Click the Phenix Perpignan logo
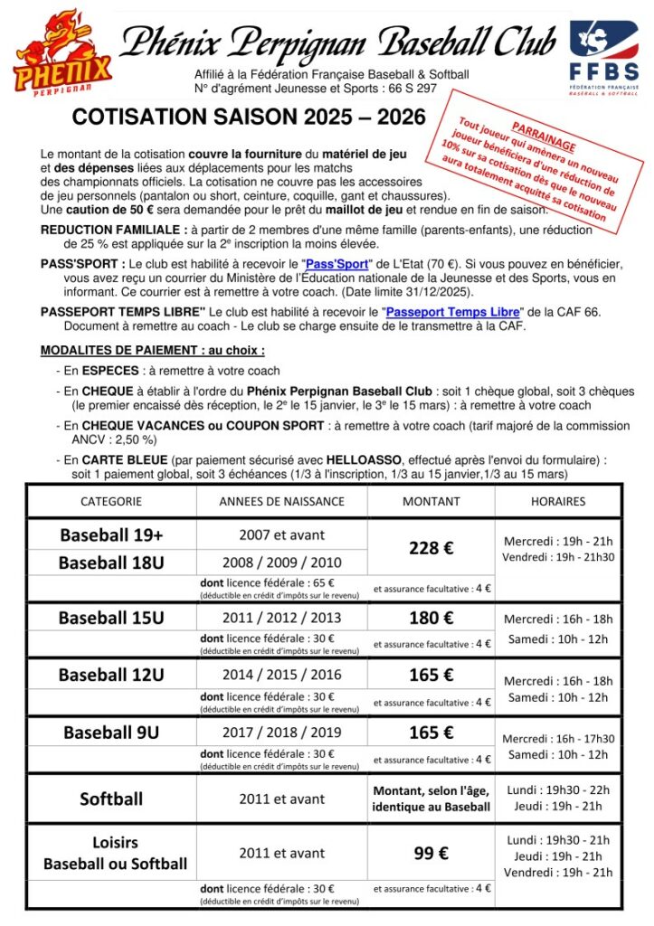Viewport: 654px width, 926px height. (x=62, y=52)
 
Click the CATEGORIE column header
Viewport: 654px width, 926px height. (x=111, y=501)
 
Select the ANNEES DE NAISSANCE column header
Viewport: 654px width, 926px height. (x=281, y=501)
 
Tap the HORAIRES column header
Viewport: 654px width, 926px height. (x=559, y=501)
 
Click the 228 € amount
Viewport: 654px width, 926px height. (x=431, y=548)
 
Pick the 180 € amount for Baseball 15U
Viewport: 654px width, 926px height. (x=431, y=618)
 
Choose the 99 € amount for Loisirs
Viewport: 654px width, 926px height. (x=431, y=853)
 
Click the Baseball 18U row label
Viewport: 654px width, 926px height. (x=111, y=562)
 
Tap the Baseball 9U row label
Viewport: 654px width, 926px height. (x=111, y=732)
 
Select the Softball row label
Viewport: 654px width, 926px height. (x=111, y=799)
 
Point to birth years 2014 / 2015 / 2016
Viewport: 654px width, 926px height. (x=281, y=675)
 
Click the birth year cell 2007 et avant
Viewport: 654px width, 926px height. (x=281, y=534)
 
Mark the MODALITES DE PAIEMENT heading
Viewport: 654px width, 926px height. (x=153, y=350)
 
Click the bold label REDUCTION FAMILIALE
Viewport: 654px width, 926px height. (x=114, y=230)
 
